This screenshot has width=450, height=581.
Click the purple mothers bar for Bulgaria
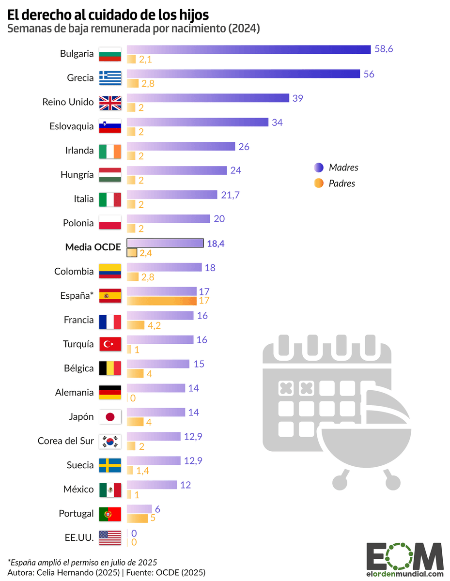click(248, 49)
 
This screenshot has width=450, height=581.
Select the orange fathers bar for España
click(161, 301)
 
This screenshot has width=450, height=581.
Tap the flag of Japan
click(110, 417)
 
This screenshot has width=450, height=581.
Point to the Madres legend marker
click(318, 168)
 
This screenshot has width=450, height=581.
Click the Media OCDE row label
click(93, 247)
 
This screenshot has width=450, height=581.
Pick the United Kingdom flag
click(110, 102)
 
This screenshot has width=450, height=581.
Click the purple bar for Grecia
click(243, 74)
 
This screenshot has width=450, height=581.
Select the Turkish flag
click(110, 344)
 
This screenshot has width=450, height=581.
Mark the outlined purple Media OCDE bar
click(165, 243)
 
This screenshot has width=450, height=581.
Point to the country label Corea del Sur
click(65, 441)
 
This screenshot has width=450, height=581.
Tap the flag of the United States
click(110, 537)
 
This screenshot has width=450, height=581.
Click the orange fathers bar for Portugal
click(137, 519)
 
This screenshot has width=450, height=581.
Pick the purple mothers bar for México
click(152, 485)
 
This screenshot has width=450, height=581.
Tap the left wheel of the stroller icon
click(341, 483)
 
